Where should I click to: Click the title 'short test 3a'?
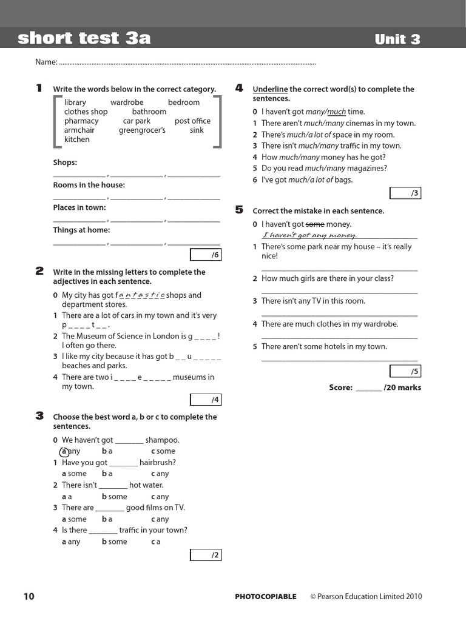84,39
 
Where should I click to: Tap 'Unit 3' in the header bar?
397,39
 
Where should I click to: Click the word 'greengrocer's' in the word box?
142,130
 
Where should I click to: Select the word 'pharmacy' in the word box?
81,121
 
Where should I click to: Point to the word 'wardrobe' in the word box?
127,102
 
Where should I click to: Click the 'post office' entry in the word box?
192,121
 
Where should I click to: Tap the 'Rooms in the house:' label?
89,185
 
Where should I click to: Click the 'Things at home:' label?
81,230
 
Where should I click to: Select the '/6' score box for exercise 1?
206,255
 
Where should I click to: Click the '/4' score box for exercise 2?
206,400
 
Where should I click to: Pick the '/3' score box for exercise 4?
405,193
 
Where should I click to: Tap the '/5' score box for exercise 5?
405,371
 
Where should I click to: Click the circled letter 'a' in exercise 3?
64,451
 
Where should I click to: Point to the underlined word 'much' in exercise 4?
337,112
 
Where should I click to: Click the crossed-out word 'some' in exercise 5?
315,224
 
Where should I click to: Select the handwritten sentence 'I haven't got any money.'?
309,235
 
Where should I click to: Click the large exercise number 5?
239,210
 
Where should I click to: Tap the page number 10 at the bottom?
29,596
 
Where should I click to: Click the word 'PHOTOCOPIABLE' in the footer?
266,597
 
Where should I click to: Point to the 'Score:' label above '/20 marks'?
340,388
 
